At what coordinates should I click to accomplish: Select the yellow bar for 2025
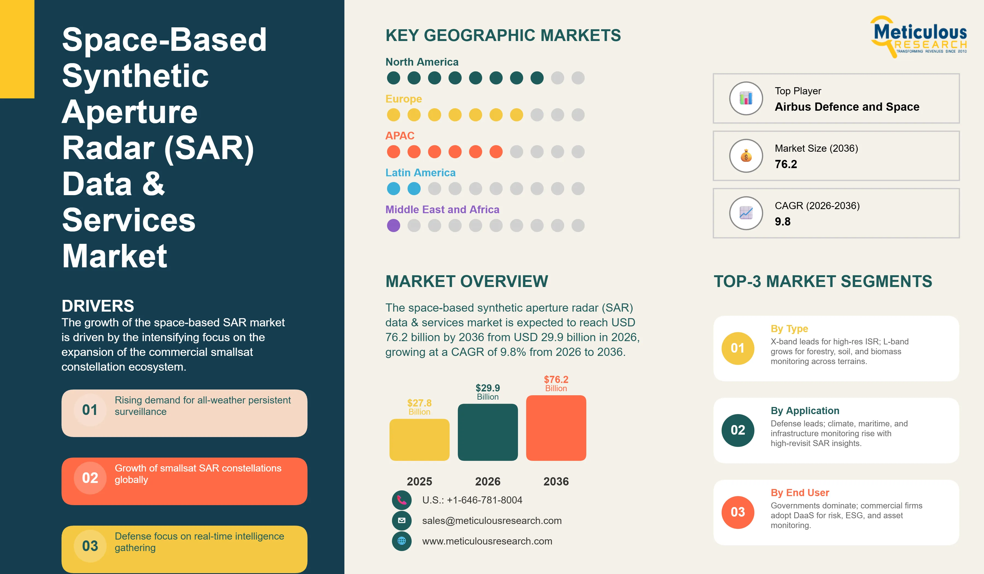[419, 440]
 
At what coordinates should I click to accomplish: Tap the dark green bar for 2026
[488, 432]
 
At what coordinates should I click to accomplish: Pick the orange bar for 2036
[556, 428]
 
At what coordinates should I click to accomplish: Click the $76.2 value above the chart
[556, 379]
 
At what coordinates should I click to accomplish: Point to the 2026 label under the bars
[488, 481]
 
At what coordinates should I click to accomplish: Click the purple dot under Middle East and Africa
[394, 225]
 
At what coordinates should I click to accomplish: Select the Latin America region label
[421, 172]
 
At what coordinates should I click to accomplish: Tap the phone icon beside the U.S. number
[402, 500]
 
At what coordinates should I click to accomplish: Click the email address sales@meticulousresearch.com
[492, 520]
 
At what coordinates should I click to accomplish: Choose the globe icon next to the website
[402, 541]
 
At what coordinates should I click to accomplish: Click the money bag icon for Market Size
[746, 156]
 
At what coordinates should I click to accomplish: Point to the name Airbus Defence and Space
[847, 107]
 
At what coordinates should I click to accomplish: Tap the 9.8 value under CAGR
[783, 221]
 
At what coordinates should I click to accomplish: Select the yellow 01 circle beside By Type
[738, 348]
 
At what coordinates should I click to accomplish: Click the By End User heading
[800, 493]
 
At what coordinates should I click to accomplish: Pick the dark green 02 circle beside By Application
[738, 430]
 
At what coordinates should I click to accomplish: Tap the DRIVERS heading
[98, 306]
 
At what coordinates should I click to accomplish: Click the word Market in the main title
[115, 256]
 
